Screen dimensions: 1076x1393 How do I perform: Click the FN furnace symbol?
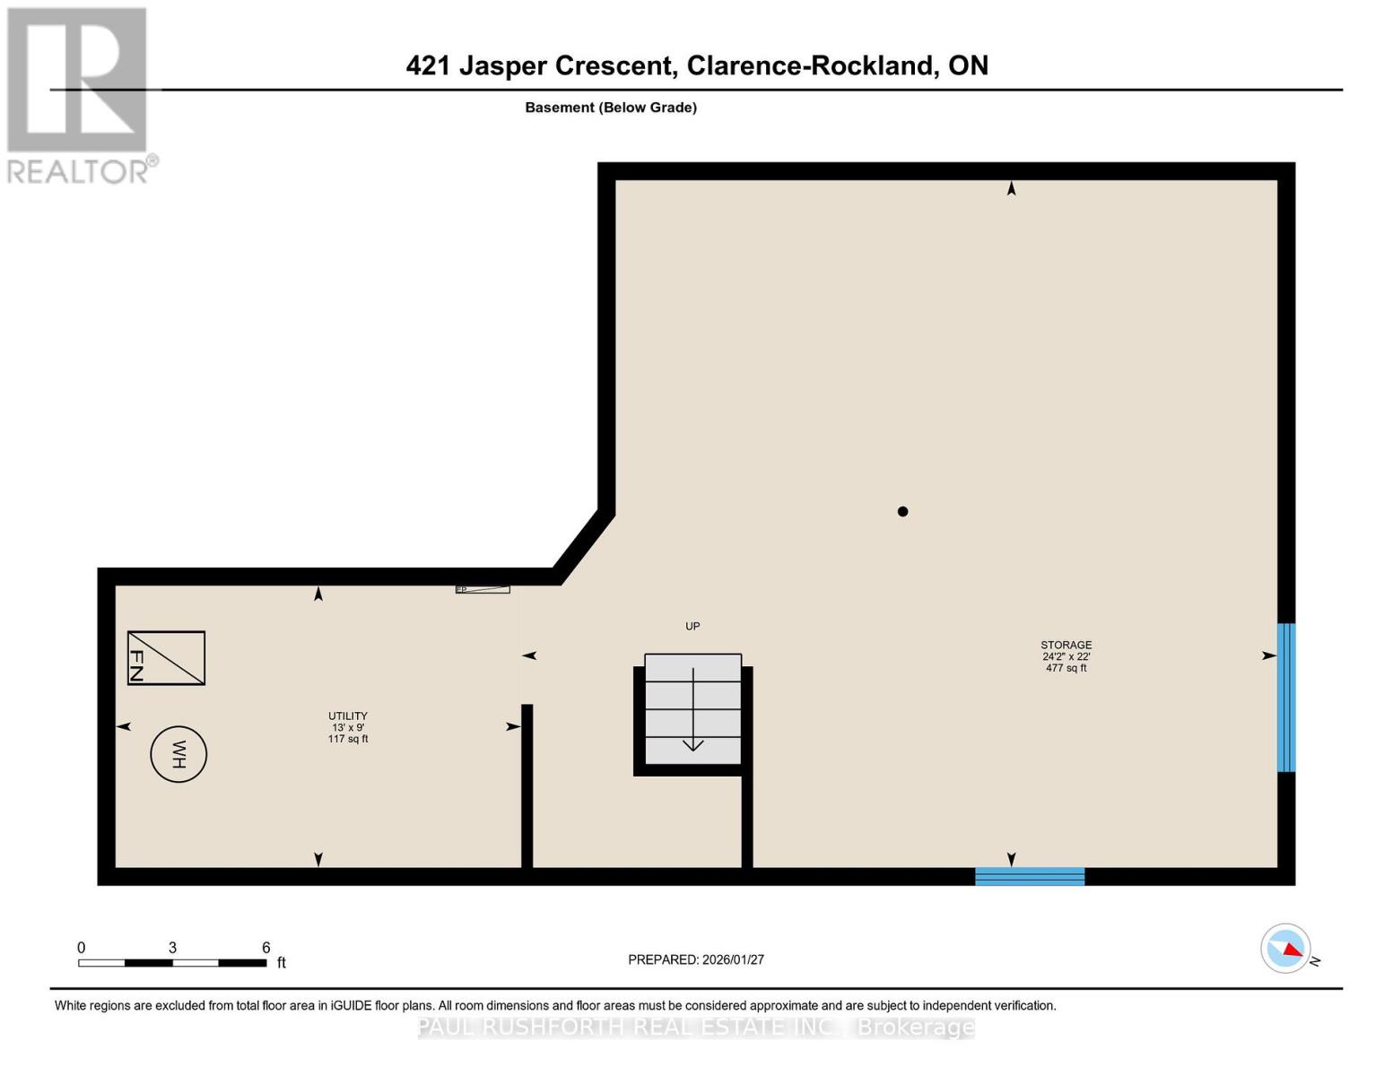point(166,657)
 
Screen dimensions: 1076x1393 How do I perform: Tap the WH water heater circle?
point(178,754)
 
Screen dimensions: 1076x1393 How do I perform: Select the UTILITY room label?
point(347,716)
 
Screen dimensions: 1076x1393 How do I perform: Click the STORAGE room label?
point(1066,645)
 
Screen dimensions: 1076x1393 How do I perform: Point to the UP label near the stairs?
point(692,626)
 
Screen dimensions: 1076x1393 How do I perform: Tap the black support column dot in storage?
point(902,511)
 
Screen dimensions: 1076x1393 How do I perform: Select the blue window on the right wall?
point(1285,697)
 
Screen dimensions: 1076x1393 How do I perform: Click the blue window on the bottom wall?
point(1030,876)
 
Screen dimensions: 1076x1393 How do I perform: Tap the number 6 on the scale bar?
point(266,947)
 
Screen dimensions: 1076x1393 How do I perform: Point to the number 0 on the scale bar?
point(82,947)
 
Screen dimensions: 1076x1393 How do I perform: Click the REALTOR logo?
point(79,94)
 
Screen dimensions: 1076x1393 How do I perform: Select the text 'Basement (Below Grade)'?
point(611,108)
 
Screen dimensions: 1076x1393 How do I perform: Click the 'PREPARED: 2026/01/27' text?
point(696,959)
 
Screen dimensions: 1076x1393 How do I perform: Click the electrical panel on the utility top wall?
point(483,589)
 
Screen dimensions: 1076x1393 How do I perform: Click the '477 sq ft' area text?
point(1066,668)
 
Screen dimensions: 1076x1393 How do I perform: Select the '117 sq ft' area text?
point(347,739)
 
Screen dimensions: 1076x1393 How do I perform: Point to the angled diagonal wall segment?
point(584,545)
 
